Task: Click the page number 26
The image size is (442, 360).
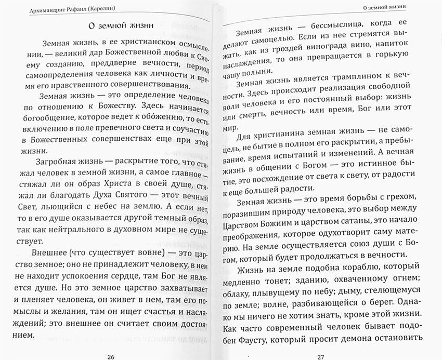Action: (110, 355)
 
